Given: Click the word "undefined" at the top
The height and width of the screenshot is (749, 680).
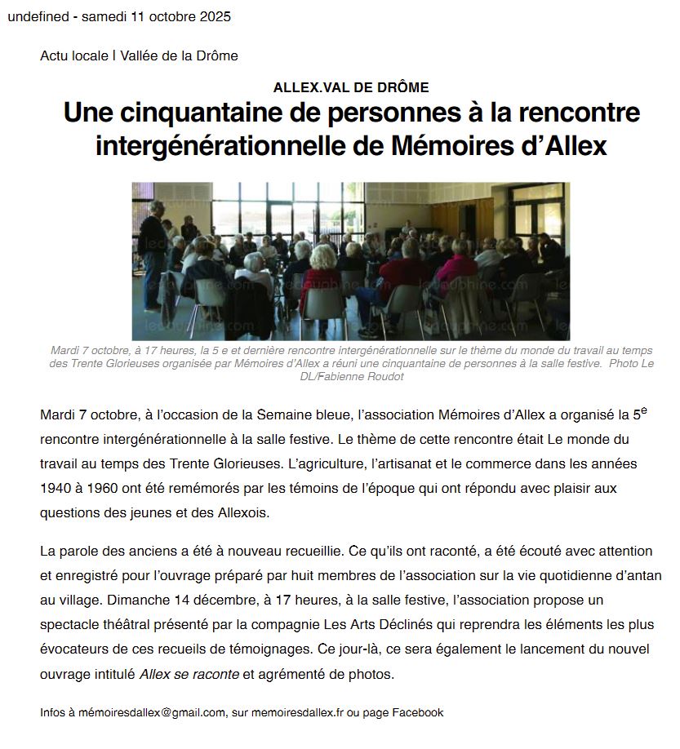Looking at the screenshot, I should pos(38,16).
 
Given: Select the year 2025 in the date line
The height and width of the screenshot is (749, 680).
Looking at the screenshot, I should pos(215,16).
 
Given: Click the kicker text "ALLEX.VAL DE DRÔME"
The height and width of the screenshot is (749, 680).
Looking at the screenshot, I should pos(351,87).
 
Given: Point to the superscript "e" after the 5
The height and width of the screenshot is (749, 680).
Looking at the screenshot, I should pos(643,410).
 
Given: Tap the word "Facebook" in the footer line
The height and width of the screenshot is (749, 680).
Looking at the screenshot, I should pos(417,712).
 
